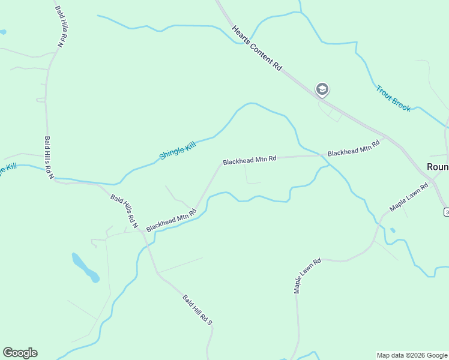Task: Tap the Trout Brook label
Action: [x=393, y=98]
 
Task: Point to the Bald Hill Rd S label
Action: [x=198, y=310]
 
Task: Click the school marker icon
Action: [x=322, y=90]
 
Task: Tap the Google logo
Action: [x=20, y=353]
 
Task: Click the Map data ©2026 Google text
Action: [x=412, y=355]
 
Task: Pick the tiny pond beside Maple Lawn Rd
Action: [x=392, y=230]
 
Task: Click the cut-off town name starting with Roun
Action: [x=437, y=166]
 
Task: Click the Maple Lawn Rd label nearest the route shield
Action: [x=409, y=197]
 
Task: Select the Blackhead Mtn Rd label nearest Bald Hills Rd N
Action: [x=172, y=220]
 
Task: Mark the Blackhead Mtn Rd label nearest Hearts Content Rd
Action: [x=354, y=148]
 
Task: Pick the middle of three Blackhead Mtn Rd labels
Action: [x=249, y=160]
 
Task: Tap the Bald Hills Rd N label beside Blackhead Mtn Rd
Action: [x=124, y=212]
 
